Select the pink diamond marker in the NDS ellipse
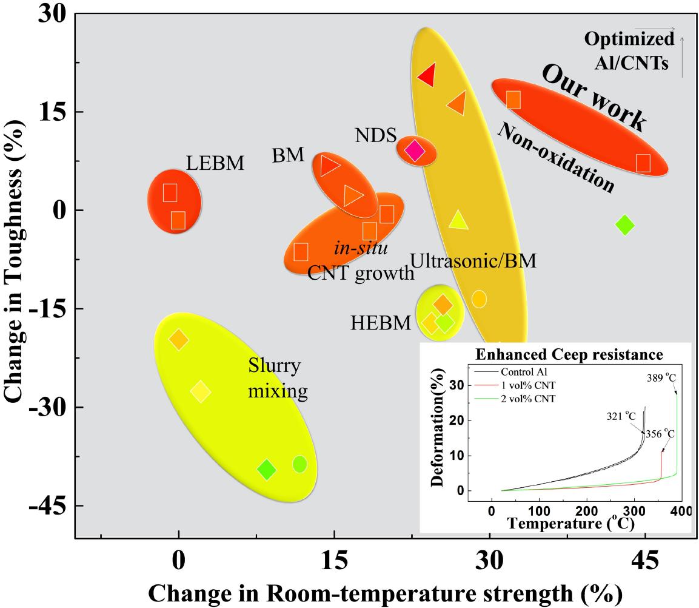pos(415,150)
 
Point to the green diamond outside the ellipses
pos(624,225)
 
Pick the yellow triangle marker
pos(458,221)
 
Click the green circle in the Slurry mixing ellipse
pos(299,464)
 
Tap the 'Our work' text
pos(594,98)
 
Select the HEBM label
pos(381,323)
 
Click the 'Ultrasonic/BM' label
pos(473,261)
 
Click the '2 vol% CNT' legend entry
pos(530,398)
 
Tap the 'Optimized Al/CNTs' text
pos(629,51)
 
